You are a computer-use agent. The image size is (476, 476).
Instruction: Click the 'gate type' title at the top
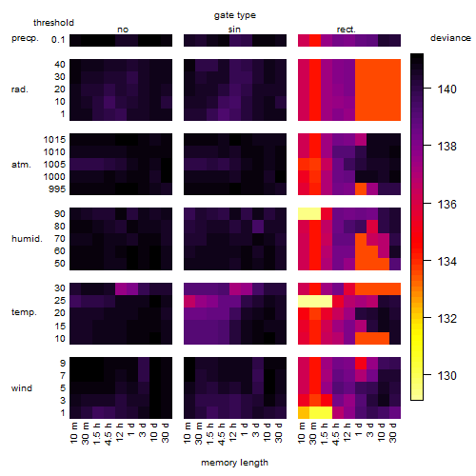coord(235,15)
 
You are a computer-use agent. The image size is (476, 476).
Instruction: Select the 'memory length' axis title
coord(234,463)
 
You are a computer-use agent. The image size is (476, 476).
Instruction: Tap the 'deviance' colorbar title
coord(450,38)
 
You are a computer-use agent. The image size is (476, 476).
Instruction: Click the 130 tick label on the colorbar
coord(446,376)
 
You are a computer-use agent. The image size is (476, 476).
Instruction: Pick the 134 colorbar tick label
coord(446,262)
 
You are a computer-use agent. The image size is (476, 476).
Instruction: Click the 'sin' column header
coord(234,30)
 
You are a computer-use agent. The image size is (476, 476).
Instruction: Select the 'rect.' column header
coord(346,30)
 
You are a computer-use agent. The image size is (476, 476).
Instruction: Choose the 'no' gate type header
coord(123,30)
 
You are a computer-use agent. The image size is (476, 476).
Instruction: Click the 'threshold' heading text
coord(53,23)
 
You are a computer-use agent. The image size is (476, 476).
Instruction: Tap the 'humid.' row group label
coord(27,239)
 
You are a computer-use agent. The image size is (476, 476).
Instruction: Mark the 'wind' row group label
coord(22,388)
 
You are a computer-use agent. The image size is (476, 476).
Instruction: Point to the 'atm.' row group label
coord(21,165)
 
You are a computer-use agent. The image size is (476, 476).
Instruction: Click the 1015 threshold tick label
coord(54,140)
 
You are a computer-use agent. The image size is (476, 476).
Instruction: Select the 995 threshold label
coord(57,189)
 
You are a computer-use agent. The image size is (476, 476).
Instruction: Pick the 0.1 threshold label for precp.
coord(58,40)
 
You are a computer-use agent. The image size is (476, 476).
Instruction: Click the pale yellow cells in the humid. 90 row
coord(309,214)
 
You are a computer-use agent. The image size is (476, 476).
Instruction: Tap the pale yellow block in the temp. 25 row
coord(315,301)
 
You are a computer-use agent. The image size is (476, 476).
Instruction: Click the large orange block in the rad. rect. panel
coord(378,89)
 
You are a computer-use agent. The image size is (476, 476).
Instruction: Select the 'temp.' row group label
coord(24,312)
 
